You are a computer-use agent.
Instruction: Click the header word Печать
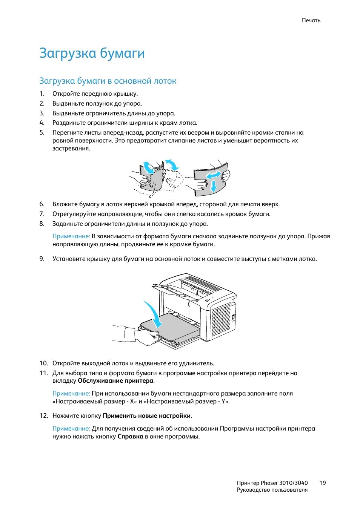tap(311, 20)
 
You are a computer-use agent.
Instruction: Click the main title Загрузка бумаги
tap(92, 53)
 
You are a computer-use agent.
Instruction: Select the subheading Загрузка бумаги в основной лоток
tap(108, 81)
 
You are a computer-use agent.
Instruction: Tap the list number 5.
tap(42, 132)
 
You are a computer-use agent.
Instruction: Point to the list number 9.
tap(42, 259)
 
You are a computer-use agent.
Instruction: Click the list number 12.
tap(43, 415)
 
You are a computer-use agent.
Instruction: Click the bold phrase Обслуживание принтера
tap(115, 381)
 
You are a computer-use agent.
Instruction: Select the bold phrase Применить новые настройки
tap(146, 415)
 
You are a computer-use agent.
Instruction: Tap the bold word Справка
tap(130, 437)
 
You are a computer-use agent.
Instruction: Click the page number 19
tap(322, 483)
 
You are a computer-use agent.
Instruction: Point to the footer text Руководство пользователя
tap(272, 490)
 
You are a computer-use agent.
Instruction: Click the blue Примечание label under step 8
tap(71, 236)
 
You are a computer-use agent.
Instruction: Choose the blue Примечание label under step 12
tap(71, 428)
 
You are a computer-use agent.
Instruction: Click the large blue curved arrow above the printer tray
tap(154, 312)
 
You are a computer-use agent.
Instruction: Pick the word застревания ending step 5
tap(71, 149)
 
